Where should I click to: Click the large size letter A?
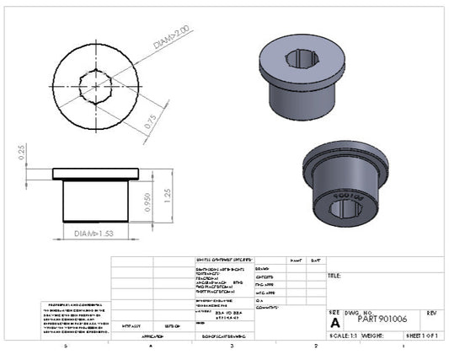[x=335, y=322]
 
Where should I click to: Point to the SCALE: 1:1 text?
[x=344, y=335]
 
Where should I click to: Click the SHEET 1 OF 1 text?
[x=422, y=335]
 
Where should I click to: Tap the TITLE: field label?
[x=334, y=276]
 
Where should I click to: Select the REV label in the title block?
[x=431, y=312]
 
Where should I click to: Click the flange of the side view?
[x=94, y=174]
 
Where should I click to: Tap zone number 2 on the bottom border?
[x=315, y=347]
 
